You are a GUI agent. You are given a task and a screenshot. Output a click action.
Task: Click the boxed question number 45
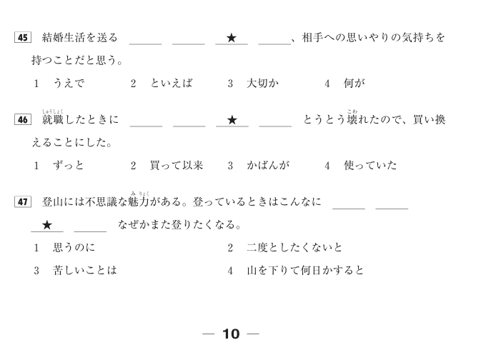coord(22,38)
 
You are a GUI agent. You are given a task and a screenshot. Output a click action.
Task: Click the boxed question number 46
coord(22,120)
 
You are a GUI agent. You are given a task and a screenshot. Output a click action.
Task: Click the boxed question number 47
coord(22,202)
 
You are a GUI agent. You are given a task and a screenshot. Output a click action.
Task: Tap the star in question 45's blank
coord(231,38)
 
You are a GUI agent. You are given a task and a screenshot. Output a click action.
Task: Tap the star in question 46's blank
coord(232,120)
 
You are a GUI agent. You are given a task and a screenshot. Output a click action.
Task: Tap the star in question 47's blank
coord(47,225)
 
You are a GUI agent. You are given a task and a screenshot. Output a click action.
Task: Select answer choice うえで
coord(69,84)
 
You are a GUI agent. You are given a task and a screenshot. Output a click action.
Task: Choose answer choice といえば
coord(172,84)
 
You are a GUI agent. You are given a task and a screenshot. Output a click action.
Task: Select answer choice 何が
coord(354,84)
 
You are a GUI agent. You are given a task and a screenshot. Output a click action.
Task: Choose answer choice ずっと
coord(69,166)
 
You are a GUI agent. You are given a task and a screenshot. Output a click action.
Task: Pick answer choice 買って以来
coord(177,166)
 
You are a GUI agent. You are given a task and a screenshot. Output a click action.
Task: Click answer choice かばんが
coord(268,166)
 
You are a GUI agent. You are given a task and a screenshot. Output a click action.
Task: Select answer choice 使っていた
coord(370,166)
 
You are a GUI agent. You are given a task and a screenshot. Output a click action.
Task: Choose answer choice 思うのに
coord(74,248)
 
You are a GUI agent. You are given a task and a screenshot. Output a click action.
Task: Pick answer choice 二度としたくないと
coord(294,248)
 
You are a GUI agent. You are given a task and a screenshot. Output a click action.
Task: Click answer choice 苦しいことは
coord(85,271)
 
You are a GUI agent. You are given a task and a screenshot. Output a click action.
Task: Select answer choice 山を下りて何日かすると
coord(305,271)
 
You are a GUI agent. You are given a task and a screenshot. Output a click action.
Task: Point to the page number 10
coord(231,334)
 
